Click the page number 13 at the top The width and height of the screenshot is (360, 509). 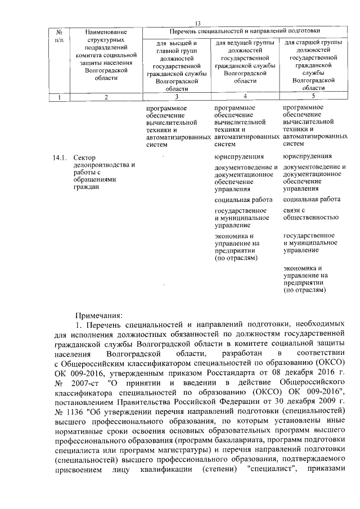pos(197,23)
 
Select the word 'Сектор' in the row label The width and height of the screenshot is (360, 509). pos(85,157)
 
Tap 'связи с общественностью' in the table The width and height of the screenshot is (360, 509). pos(310,213)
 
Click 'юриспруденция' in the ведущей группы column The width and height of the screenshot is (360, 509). pos(240,156)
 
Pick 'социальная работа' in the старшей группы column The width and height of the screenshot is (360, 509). pos(312,200)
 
